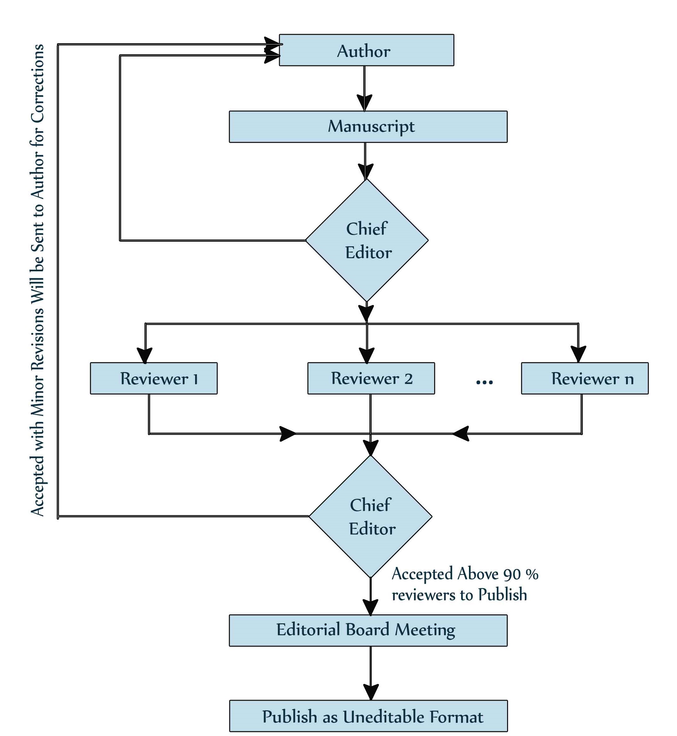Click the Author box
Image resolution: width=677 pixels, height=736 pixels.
pyautogui.click(x=366, y=50)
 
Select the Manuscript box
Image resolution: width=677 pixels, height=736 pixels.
pyautogui.click(x=368, y=127)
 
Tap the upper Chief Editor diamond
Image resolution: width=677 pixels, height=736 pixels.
pyautogui.click(x=367, y=240)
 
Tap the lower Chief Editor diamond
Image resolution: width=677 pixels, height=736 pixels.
pyautogui.click(x=370, y=516)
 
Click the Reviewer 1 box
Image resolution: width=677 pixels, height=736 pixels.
pyautogui.click(x=154, y=378)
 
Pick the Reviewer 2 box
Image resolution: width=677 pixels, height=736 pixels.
pyautogui.click(x=371, y=378)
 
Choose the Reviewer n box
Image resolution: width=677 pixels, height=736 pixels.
pyautogui.click(x=585, y=378)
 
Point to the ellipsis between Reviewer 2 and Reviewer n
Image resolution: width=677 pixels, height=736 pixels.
pyautogui.click(x=484, y=382)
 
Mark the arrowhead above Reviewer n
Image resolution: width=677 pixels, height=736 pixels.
pyautogui.click(x=578, y=354)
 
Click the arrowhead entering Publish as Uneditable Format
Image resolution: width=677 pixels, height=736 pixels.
pyautogui.click(x=371, y=693)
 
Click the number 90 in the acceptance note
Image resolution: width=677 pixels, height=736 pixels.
pyautogui.click(x=512, y=575)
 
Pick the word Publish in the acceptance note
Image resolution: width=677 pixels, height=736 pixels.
pyautogui.click(x=503, y=595)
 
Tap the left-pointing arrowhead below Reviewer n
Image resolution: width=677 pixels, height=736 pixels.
pyautogui.click(x=461, y=434)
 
